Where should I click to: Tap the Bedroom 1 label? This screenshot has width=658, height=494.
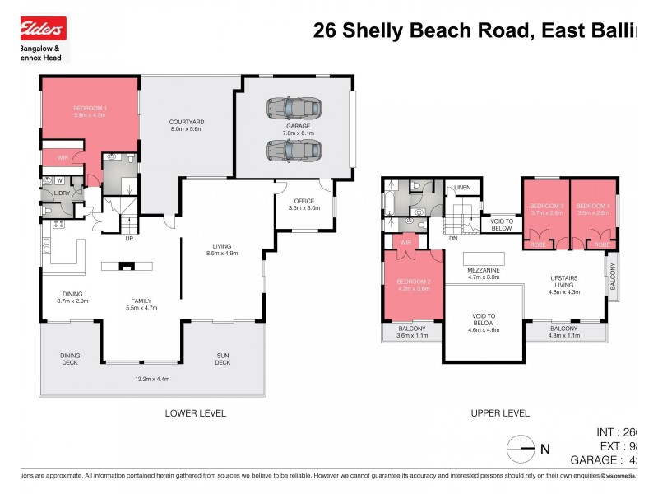click(x=90, y=112)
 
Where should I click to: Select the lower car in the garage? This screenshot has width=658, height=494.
click(x=293, y=150)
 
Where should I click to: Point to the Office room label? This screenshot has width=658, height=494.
click(x=304, y=203)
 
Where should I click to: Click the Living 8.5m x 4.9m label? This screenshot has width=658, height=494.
click(x=221, y=249)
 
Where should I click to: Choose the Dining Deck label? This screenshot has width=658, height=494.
click(x=70, y=359)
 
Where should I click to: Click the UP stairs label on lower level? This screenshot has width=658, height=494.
click(x=129, y=240)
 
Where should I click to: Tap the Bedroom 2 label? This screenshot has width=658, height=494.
click(x=415, y=286)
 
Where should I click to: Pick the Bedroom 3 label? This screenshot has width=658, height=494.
click(x=546, y=209)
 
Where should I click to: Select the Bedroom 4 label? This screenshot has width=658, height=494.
click(x=593, y=209)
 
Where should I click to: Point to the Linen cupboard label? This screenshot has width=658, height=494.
click(x=462, y=189)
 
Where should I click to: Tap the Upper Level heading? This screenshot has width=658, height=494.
click(x=499, y=412)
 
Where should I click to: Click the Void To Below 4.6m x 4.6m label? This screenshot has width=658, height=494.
click(x=484, y=320)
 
